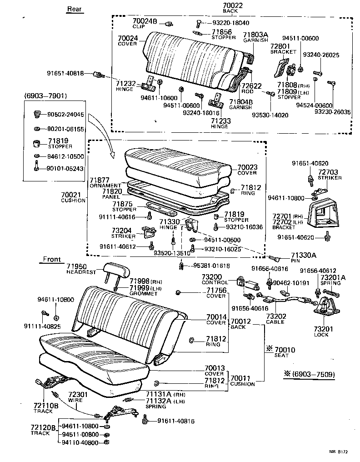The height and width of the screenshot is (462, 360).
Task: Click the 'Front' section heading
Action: tap(51, 260)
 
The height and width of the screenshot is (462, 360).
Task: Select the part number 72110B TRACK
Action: tap(45, 405)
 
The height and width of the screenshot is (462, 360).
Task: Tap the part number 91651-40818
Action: tap(65, 73)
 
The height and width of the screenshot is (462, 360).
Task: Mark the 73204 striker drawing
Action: tap(147, 233)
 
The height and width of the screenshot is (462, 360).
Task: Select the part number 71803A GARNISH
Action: tap(255, 35)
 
